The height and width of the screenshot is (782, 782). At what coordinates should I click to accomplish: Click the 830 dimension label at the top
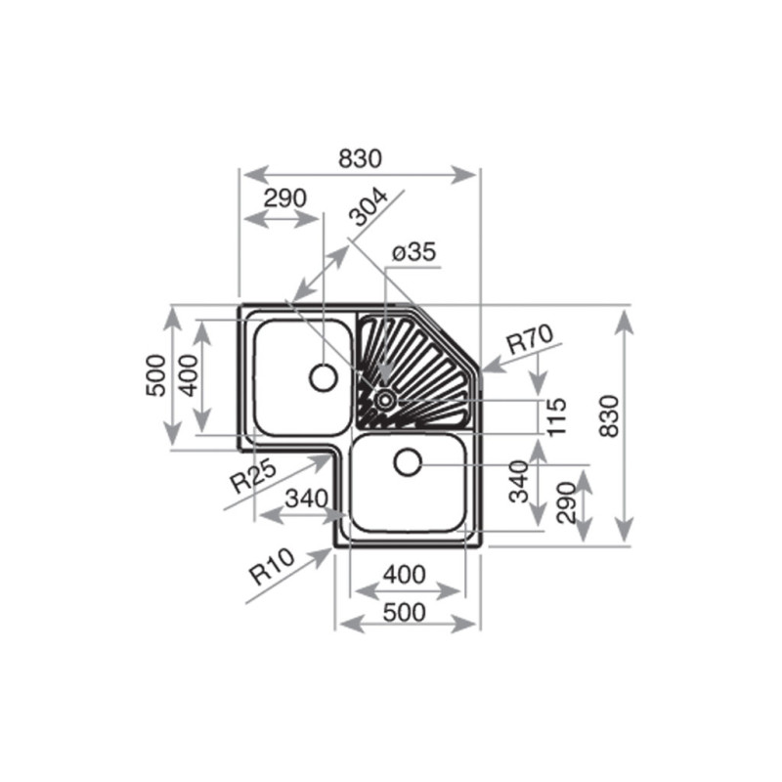coord(360,158)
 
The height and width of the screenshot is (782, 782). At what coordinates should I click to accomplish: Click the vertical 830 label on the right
coord(609,416)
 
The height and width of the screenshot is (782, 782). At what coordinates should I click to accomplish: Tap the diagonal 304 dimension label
coord(369,207)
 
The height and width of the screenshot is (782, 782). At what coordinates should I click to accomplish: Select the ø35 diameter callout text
coord(413,252)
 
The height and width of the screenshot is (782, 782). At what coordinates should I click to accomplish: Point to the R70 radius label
coord(530,339)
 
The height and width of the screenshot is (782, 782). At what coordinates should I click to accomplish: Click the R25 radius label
coord(252,476)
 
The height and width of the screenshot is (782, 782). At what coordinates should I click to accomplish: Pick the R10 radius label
coord(272,567)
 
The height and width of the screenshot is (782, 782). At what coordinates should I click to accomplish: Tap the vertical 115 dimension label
coord(557,417)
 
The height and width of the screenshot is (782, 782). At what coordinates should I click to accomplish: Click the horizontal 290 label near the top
coord(284,198)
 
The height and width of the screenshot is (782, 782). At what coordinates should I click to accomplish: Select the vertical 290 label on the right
coord(567,502)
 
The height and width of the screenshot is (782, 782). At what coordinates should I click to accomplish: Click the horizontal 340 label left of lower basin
coord(307,499)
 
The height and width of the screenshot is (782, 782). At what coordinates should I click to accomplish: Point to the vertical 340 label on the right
coord(519,482)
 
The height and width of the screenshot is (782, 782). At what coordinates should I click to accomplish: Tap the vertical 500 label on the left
coord(155,375)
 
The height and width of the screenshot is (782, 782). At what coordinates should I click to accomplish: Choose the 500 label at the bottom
coord(405,613)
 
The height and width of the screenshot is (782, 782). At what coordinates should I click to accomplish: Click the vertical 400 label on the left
coord(189,375)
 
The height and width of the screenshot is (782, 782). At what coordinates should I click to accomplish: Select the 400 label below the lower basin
coord(405,575)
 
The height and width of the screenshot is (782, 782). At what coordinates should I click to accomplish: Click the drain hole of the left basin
coord(324,377)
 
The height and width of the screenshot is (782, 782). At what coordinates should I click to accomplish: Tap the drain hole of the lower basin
coord(408,461)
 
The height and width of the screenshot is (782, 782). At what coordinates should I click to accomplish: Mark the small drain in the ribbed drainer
coord(385,399)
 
